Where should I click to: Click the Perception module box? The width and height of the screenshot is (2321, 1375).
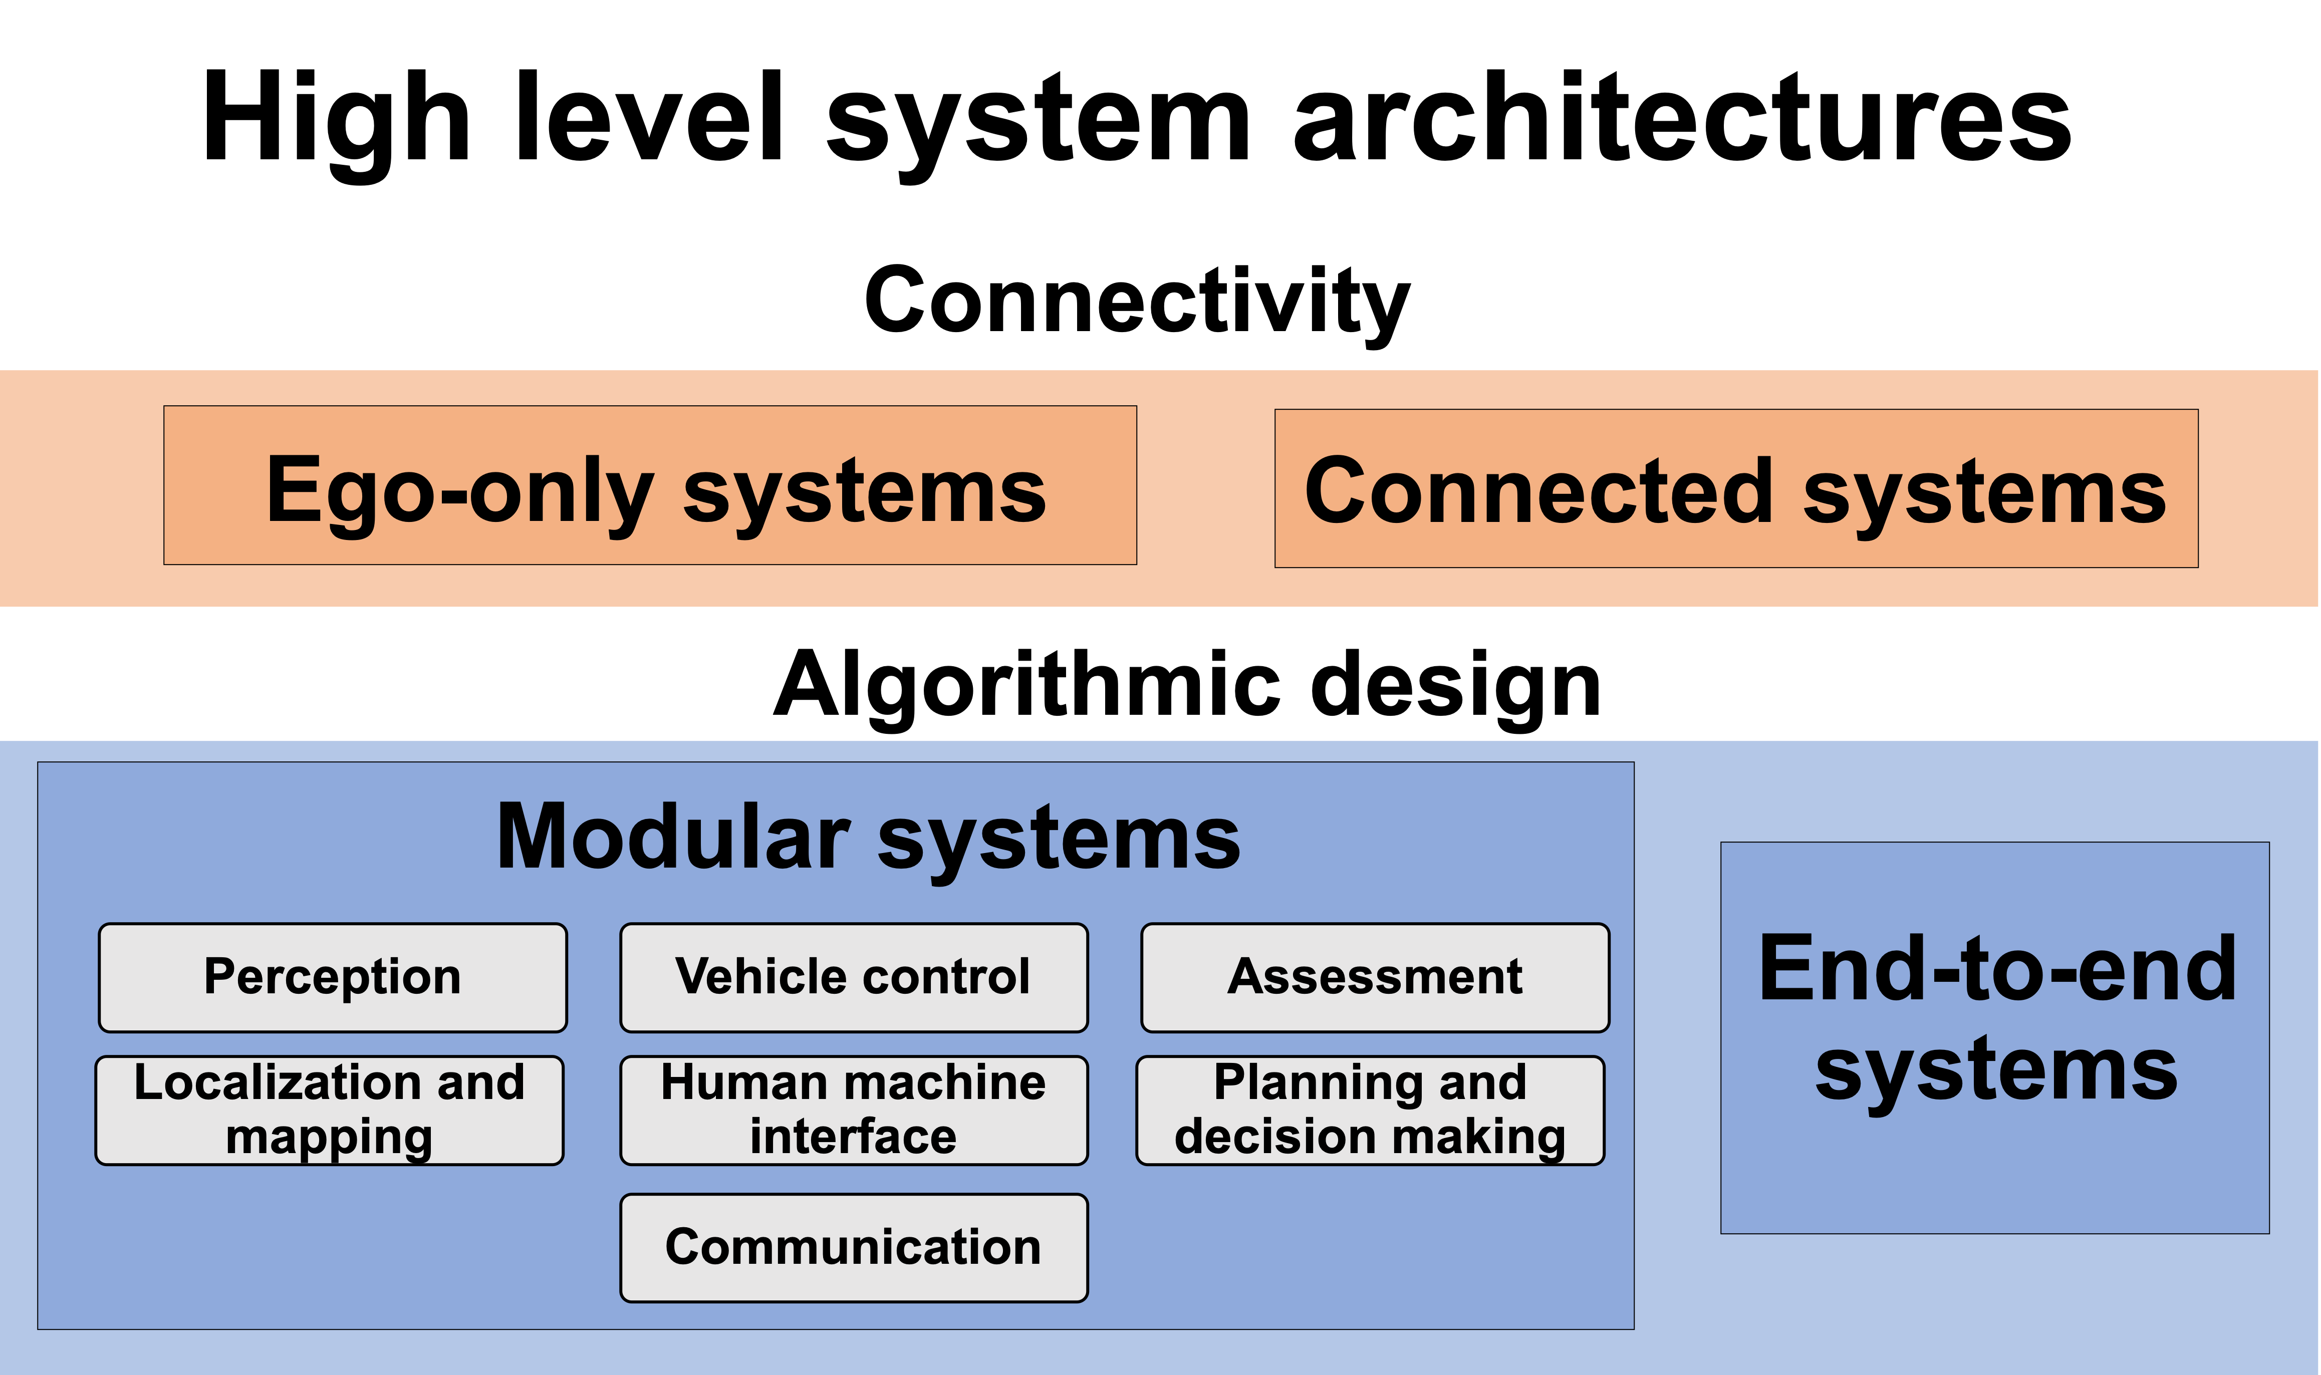[333, 977]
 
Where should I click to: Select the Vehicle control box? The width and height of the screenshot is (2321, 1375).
[853, 977]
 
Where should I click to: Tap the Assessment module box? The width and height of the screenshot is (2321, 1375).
[1375, 977]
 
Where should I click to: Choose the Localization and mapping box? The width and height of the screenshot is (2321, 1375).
[329, 1110]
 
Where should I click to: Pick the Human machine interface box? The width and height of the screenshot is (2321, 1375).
[853, 1110]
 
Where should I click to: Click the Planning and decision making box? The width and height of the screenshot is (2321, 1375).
[1370, 1110]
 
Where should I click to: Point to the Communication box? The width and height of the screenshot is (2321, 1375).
[853, 1247]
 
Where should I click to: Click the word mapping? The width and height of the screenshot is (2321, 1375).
[329, 1138]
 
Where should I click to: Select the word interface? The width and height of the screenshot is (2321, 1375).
[853, 1137]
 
